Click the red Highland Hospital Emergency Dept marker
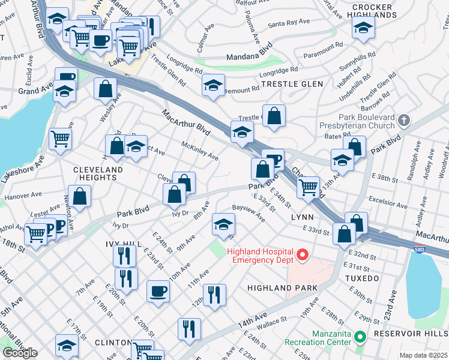coord(303,256)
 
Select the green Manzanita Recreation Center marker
coord(360,337)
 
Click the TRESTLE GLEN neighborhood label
coord(292,85)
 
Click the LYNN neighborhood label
coord(303,216)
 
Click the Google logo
coord(20,353)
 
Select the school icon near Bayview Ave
coord(223,225)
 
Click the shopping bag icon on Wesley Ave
coord(105,88)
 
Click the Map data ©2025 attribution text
coord(424,355)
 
